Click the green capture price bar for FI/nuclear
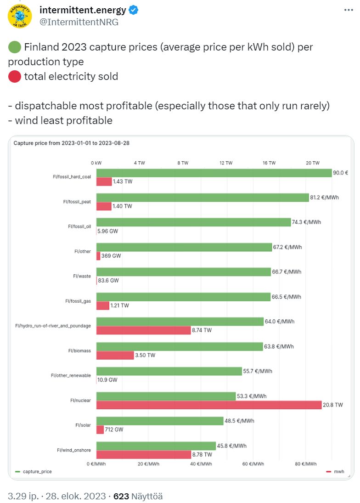(166, 396)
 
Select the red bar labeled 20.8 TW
(209, 405)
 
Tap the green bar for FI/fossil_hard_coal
(214, 173)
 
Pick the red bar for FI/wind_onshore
(144, 454)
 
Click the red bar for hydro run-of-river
(143, 330)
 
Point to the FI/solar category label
(83, 425)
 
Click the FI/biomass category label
(80, 351)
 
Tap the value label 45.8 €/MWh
(232, 446)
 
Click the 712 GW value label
(114, 430)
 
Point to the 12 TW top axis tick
(226, 163)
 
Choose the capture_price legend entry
(37, 472)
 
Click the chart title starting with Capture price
(71, 143)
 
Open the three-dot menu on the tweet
(349, 10)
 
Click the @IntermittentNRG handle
(79, 22)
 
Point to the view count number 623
(121, 496)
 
